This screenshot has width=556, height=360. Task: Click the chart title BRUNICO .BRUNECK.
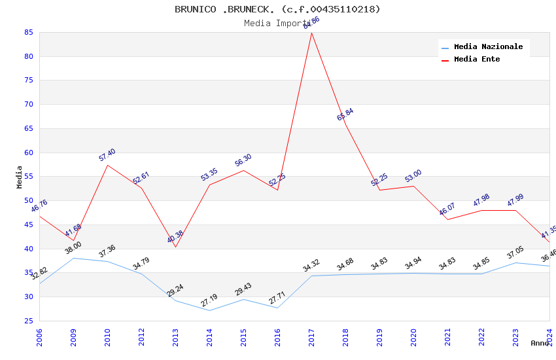(x=277, y=9)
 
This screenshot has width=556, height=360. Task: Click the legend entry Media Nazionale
(x=488, y=47)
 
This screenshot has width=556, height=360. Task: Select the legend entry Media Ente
(x=477, y=60)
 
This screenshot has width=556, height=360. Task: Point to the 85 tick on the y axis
(x=29, y=32)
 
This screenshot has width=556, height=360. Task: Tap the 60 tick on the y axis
(x=29, y=153)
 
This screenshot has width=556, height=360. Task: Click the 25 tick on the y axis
(x=29, y=321)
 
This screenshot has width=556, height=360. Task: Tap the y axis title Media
(x=20, y=177)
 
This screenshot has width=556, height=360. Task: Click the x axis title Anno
(x=540, y=343)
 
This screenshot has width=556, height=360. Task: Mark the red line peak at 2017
(x=311, y=33)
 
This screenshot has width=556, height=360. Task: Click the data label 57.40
(x=107, y=155)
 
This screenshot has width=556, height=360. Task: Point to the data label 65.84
(x=345, y=115)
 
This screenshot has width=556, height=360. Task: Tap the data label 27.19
(x=209, y=300)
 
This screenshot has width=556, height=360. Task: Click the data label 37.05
(x=515, y=253)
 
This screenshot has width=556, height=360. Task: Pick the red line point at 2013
(x=175, y=247)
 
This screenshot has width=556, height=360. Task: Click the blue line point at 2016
(x=277, y=308)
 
